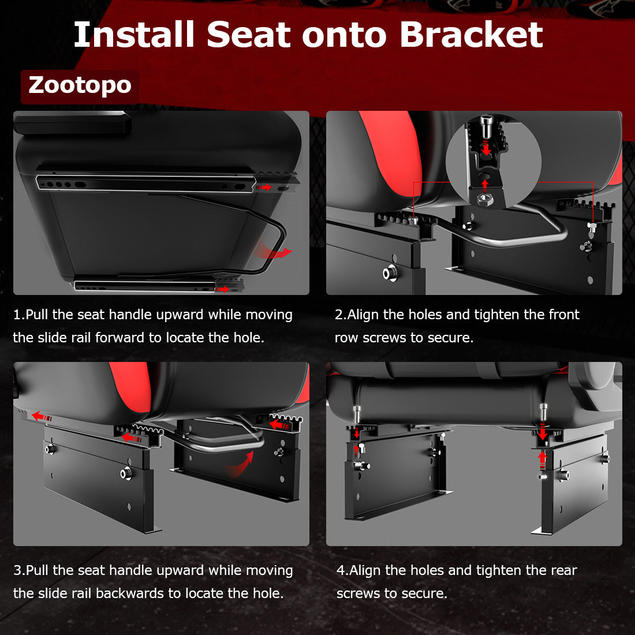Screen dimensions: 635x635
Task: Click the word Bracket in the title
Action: pyautogui.click(x=470, y=35)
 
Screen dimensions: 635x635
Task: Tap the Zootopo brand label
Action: pyautogui.click(x=80, y=85)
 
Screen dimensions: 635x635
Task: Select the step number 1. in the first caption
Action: pyautogui.click(x=19, y=315)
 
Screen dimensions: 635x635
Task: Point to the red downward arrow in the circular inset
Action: pyautogui.click(x=486, y=148)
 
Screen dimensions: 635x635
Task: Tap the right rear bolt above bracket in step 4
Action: pyautogui.click(x=543, y=414)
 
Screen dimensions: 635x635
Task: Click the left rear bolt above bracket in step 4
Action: pyautogui.click(x=356, y=414)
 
